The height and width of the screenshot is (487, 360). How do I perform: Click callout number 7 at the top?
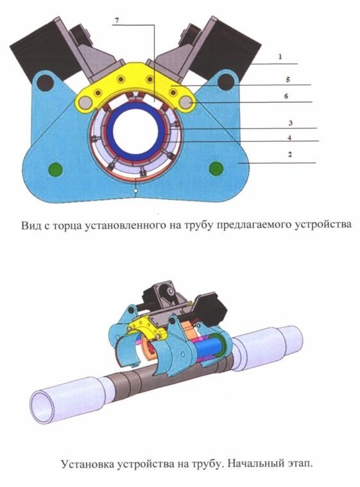tap(117, 21)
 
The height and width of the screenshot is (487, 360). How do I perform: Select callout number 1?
tap(280, 57)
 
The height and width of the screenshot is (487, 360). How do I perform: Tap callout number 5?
tap(288, 80)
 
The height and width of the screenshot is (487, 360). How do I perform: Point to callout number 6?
tap(286, 96)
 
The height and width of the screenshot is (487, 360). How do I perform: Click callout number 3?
tap(291, 123)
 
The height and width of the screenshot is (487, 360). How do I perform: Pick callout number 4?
tap(289, 137)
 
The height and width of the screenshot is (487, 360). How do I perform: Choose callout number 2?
tap(290, 155)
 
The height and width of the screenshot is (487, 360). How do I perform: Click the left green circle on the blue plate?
tap(56, 169)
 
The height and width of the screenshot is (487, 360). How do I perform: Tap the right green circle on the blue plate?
tap(216, 169)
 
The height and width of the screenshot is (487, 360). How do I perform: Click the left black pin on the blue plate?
tap(46, 83)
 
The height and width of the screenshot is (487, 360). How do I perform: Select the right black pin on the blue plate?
tap(226, 82)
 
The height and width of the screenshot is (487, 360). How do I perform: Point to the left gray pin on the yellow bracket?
tap(85, 102)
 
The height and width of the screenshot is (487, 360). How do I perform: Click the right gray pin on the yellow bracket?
tap(186, 102)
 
